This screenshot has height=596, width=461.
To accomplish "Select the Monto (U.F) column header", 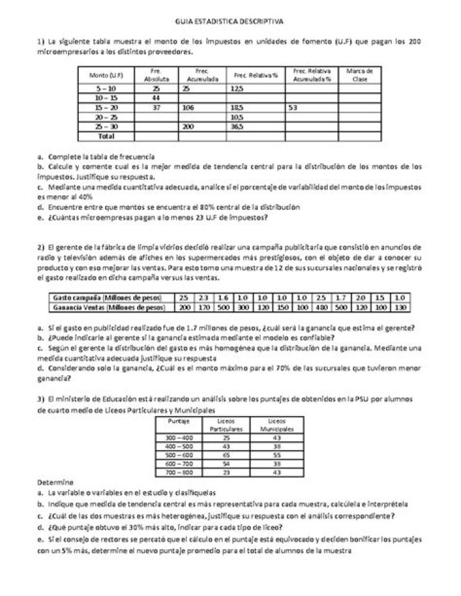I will pyautogui.click(x=106, y=75).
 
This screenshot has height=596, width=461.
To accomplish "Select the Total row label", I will pyautogui.click(x=105, y=136).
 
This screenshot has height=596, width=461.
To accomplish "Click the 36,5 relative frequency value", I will pyautogui.click(x=238, y=127).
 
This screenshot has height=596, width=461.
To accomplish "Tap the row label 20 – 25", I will pyautogui.click(x=106, y=117).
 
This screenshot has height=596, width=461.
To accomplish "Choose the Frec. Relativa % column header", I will pyautogui.click(x=255, y=75).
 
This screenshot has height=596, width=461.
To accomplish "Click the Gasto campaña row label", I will pyautogui.click(x=106, y=298).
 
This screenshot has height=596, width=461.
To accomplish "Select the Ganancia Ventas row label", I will pyautogui.click(x=106, y=307).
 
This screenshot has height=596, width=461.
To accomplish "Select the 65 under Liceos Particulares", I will pyautogui.click(x=225, y=455).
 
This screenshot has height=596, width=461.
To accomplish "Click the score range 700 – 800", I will pyautogui.click(x=179, y=472).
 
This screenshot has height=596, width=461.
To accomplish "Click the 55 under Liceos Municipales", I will pyautogui.click(x=268, y=455).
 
